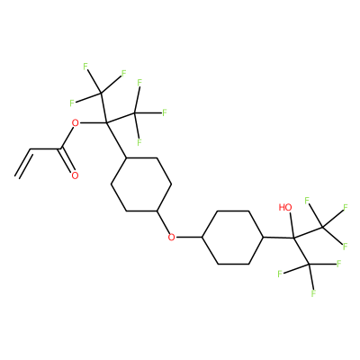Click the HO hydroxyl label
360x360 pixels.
point(285,207)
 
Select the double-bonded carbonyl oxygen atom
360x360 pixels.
point(75,175)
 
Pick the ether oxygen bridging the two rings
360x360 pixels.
point(172,238)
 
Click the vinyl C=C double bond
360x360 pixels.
point(24,164)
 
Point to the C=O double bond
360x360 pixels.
point(67,161)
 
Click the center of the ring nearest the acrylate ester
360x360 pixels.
point(141,184)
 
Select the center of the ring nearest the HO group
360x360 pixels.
point(233,238)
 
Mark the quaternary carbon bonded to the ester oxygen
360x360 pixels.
point(105,122)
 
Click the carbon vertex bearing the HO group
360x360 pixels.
point(293,238)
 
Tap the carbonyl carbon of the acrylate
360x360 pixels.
point(60,148)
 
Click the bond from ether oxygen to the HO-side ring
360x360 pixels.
point(189,238)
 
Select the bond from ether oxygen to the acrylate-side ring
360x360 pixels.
point(165,223)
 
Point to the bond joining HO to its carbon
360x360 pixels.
point(292,225)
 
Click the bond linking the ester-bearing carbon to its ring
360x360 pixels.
point(116,140)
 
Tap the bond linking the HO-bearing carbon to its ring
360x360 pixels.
point(278,238)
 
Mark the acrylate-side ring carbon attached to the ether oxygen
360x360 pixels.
point(157,211)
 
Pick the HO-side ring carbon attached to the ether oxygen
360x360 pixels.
point(202,238)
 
